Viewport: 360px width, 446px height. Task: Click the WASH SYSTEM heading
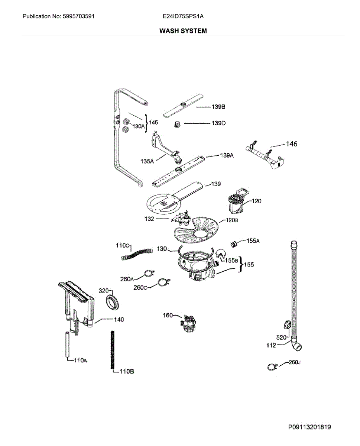click(x=183, y=31)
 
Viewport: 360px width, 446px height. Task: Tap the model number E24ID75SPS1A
click(x=183, y=17)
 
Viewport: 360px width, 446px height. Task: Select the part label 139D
click(x=218, y=123)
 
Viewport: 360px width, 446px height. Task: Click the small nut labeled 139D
click(x=178, y=125)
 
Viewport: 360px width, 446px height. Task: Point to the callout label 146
click(x=291, y=144)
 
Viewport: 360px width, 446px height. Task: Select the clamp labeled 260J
click(x=272, y=367)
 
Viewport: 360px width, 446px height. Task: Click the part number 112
click(x=272, y=345)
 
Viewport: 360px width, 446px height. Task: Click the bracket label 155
click(x=249, y=265)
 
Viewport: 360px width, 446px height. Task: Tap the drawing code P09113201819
click(x=309, y=427)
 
